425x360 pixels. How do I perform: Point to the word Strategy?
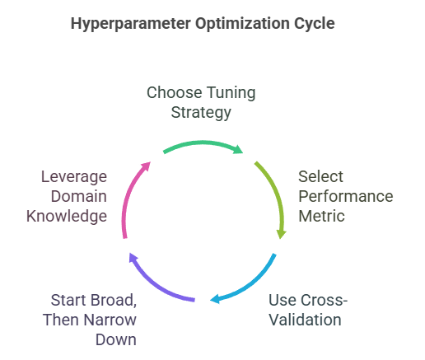point(201,111)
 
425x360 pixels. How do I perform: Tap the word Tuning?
point(230,92)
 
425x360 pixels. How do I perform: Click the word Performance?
point(345,197)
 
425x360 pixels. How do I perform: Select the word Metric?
point(320,216)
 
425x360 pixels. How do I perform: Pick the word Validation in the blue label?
point(304,318)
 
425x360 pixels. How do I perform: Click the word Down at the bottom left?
point(116,338)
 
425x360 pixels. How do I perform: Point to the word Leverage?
point(74,177)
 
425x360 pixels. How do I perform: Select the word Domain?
point(78,196)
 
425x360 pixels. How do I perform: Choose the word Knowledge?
point(66,216)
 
